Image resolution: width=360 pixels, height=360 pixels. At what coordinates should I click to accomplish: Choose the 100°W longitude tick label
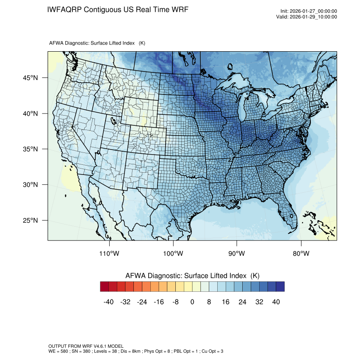coord(173,254)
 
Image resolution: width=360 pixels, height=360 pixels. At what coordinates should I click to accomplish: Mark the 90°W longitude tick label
coord(237,254)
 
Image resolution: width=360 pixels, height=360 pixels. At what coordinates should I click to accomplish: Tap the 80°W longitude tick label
coord(300,254)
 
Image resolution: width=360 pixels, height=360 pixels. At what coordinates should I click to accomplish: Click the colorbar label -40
coord(109,302)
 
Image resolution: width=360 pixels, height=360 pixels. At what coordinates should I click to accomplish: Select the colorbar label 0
coord(192,302)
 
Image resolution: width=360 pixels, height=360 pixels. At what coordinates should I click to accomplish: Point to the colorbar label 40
coord(276,302)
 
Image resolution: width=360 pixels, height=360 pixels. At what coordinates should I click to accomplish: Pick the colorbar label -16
coord(159,302)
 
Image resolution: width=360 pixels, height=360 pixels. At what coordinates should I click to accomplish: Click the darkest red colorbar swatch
coord(105,287)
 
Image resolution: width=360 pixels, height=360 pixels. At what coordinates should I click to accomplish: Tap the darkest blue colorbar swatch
coord(280,287)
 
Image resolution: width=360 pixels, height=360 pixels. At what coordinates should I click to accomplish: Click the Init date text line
coord(308,11)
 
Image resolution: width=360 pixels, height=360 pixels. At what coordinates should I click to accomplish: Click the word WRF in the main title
coord(180,9)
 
